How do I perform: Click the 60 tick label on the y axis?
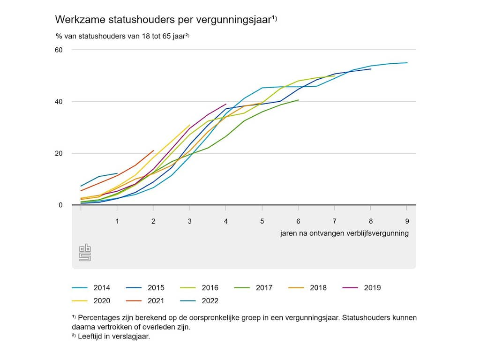click(x=59, y=50)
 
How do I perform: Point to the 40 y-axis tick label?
click(x=59, y=102)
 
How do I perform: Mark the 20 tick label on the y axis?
click(x=59, y=153)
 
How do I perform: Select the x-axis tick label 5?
click(x=262, y=221)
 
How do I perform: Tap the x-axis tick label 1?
click(x=117, y=221)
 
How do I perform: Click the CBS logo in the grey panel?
click(x=85, y=253)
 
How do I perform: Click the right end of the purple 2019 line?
click(x=226, y=104)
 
